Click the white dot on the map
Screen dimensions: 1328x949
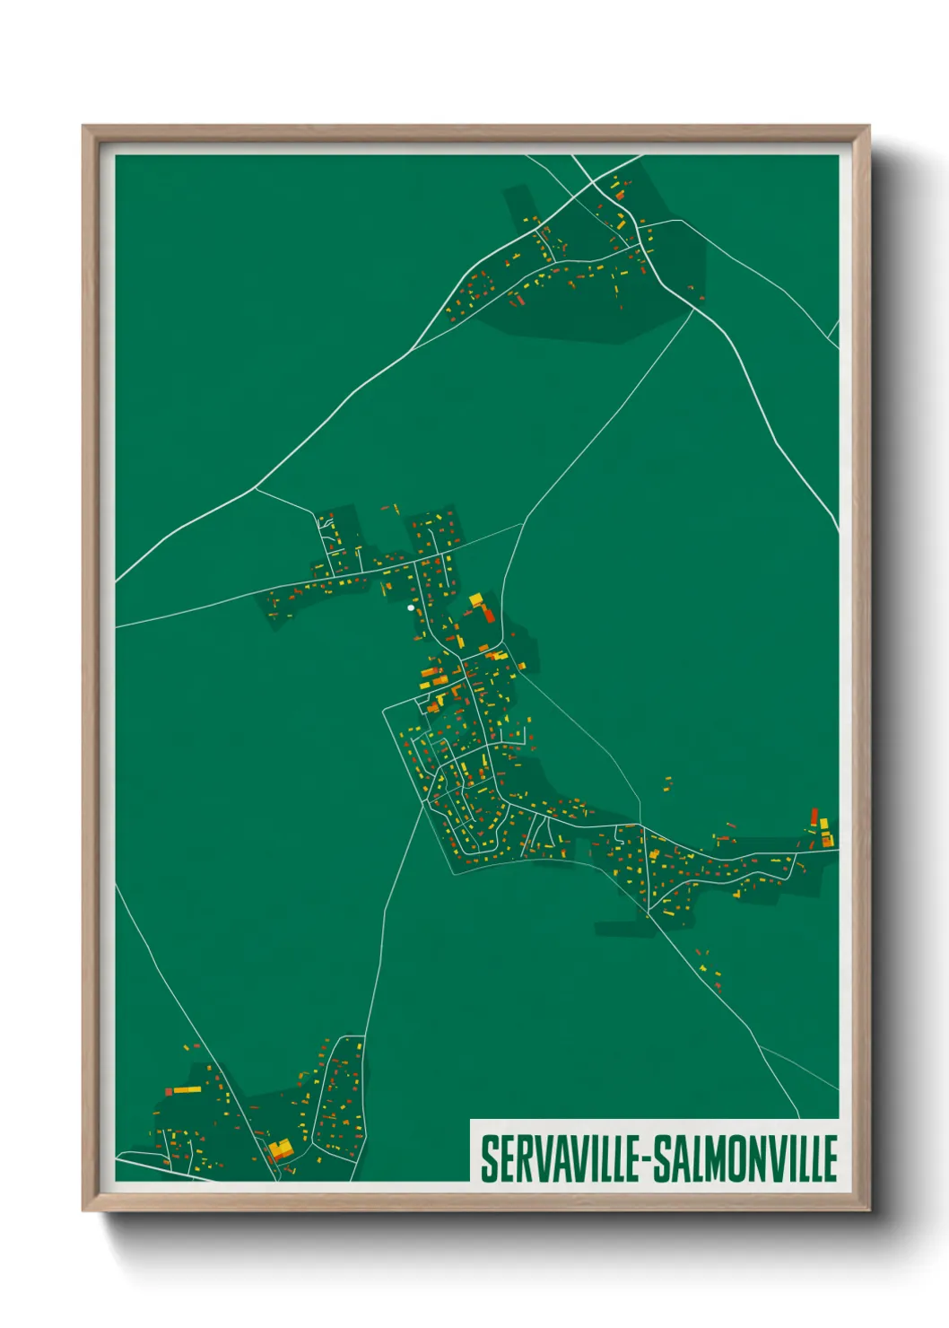tap(411, 607)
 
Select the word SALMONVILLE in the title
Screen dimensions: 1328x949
tap(744, 1158)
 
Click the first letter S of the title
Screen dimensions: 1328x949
tap(489, 1158)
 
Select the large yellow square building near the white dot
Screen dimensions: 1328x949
tap(475, 600)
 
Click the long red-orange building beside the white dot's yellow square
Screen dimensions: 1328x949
tap(488, 614)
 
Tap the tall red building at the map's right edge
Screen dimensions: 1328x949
tap(814, 817)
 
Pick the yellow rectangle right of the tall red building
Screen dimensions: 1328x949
tap(824, 824)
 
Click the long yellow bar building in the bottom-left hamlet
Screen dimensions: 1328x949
tap(187, 1089)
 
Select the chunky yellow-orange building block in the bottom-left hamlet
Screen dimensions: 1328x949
tap(281, 1148)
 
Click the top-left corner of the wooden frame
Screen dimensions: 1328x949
tap(84, 127)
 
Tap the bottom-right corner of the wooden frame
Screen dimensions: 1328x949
tap(867, 1210)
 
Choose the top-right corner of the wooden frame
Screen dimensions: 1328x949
tap(867, 127)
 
